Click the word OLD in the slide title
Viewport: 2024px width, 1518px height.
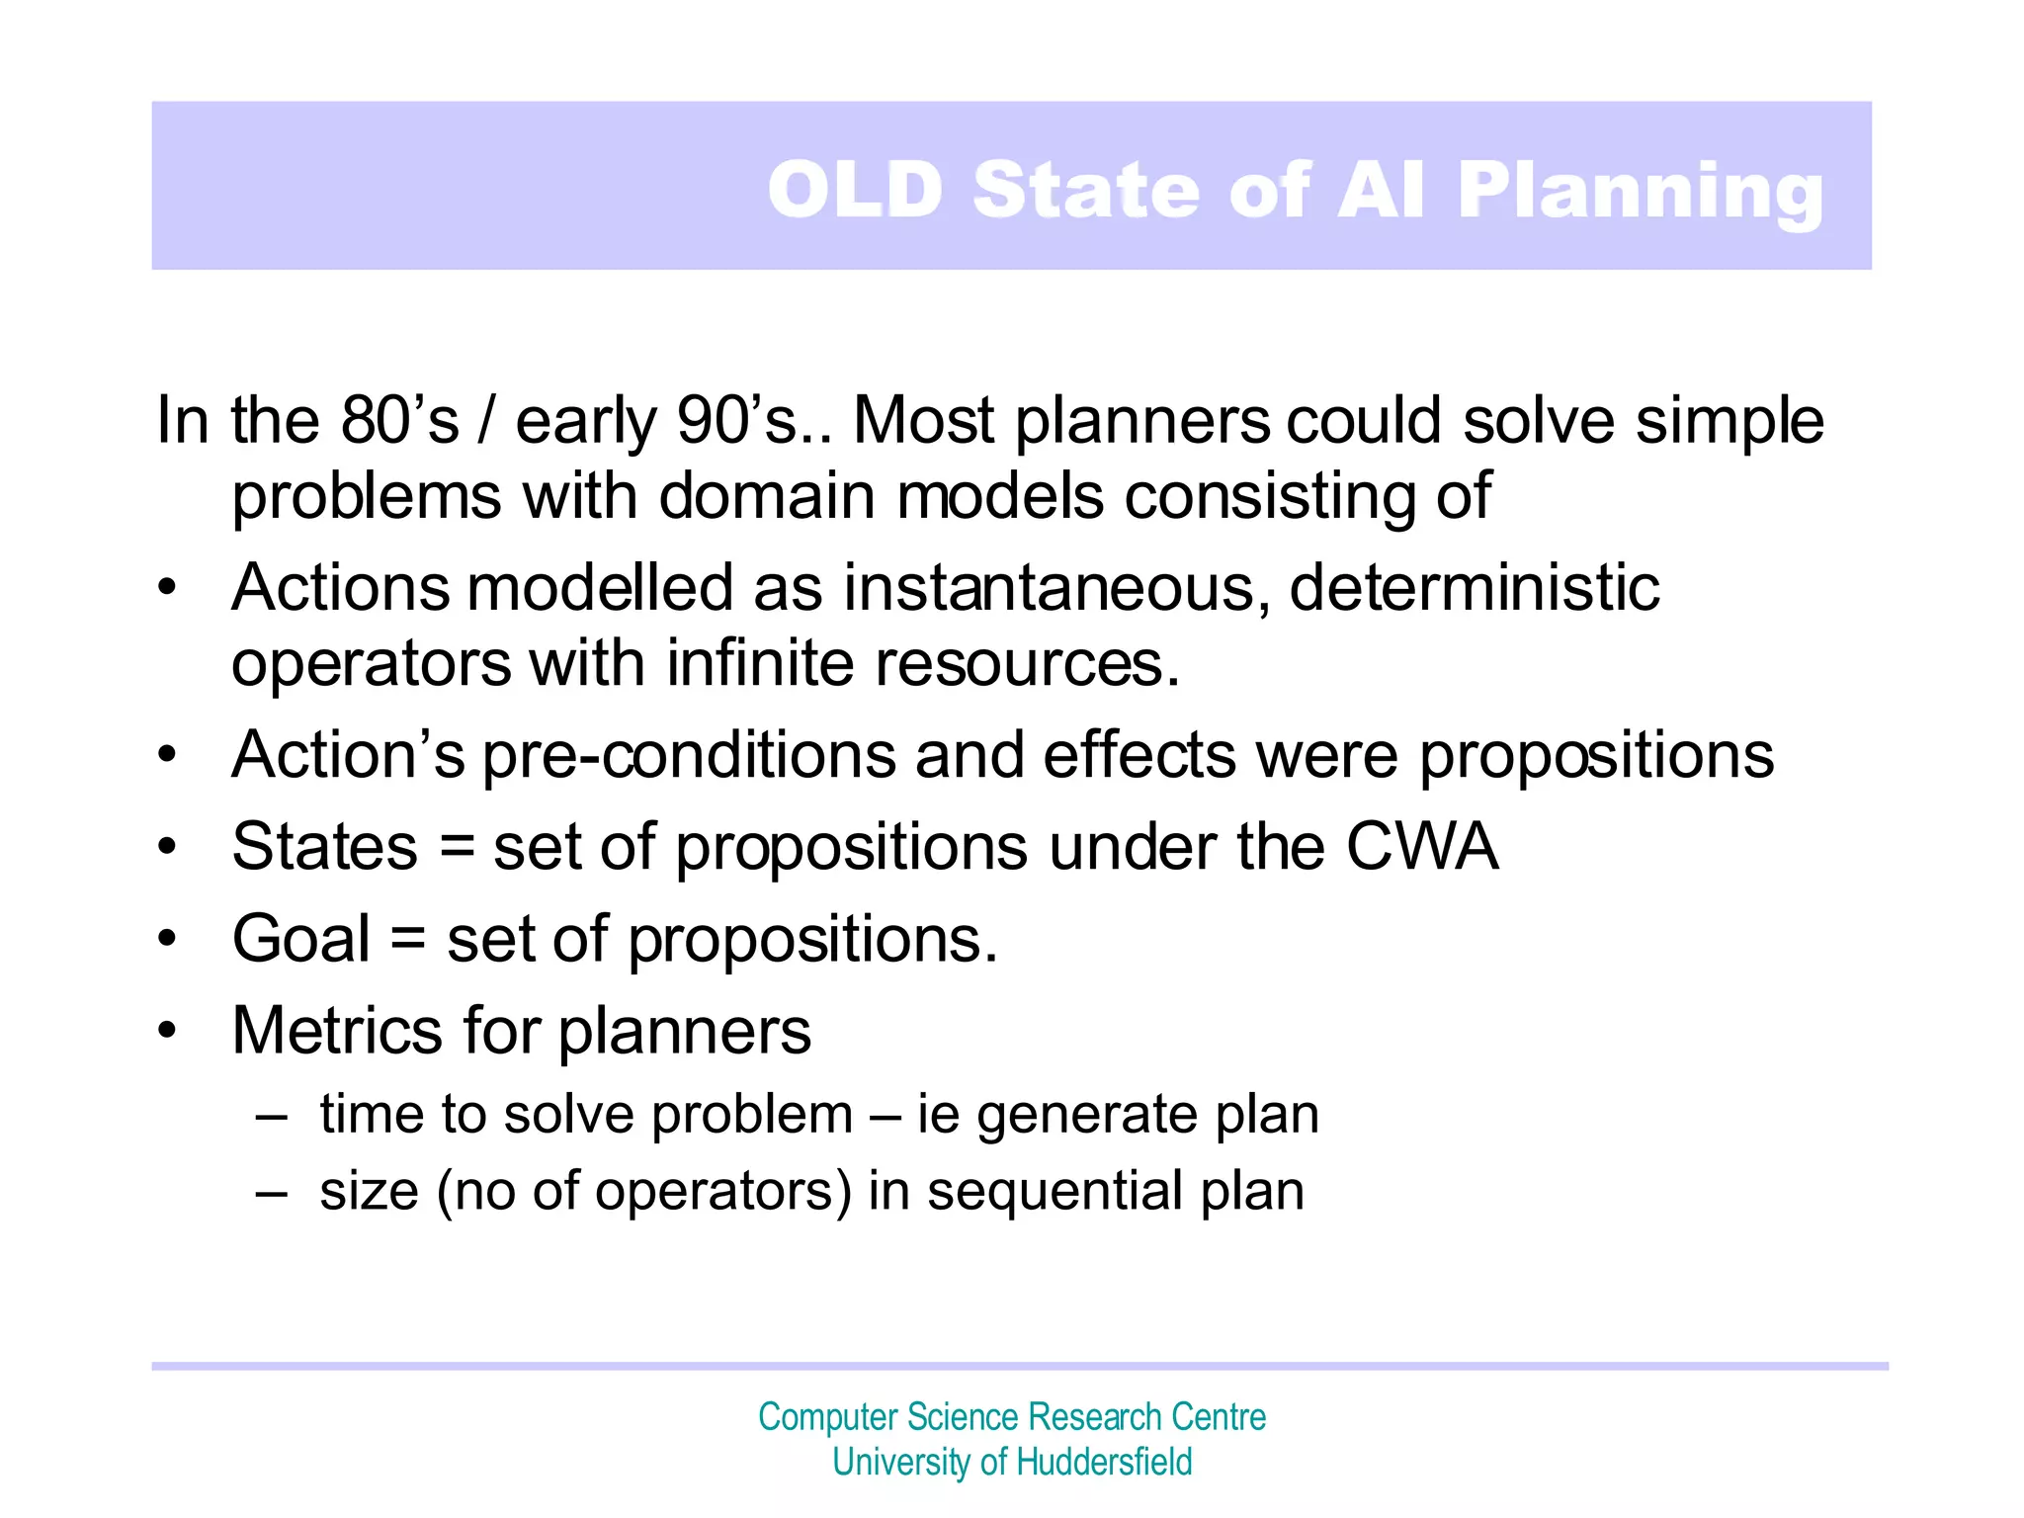coord(856,190)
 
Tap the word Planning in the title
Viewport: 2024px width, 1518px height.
coord(1640,192)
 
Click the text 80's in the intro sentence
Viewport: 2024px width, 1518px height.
coord(399,421)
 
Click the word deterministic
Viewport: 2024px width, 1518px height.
coord(1474,589)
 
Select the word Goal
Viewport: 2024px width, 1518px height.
coord(301,939)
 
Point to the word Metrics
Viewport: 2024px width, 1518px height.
coord(337,1032)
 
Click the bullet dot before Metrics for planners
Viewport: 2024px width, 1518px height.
coord(167,1031)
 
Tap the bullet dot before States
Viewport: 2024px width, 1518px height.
coord(167,848)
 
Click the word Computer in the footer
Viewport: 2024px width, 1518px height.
coord(827,1417)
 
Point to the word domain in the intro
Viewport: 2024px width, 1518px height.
coord(767,496)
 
